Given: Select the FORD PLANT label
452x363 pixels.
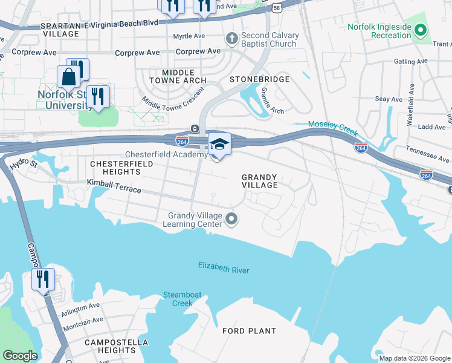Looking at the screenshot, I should coord(249,331).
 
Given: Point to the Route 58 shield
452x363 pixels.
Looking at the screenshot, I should coord(277,7).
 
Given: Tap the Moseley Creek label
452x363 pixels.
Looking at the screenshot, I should coord(332,128).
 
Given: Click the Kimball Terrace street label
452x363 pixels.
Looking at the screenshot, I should coord(114,186).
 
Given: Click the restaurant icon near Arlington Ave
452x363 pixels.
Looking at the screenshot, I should coord(44,280).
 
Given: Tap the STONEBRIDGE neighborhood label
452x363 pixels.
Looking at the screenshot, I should coord(259,79).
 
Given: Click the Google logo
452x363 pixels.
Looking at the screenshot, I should coord(20,356).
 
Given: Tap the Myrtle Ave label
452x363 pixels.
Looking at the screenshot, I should coord(189,36).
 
